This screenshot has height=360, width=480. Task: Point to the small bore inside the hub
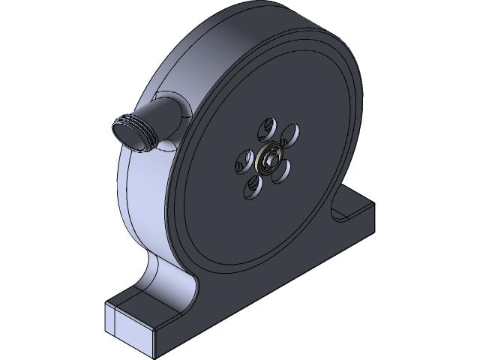pos(267,160)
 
